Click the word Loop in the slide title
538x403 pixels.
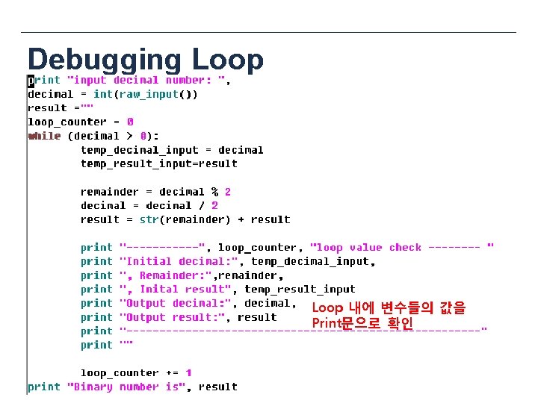tap(227, 60)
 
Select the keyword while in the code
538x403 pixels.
tap(43, 136)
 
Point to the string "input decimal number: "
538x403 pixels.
tap(146, 80)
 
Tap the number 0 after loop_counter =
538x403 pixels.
tap(130, 122)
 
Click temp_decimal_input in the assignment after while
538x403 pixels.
tap(139, 149)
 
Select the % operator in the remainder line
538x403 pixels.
tap(215, 192)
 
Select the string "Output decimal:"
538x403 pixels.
tap(175, 303)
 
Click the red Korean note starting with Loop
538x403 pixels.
tap(389, 308)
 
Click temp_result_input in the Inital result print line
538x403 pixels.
tap(300, 289)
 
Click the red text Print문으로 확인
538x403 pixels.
tap(362, 323)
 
